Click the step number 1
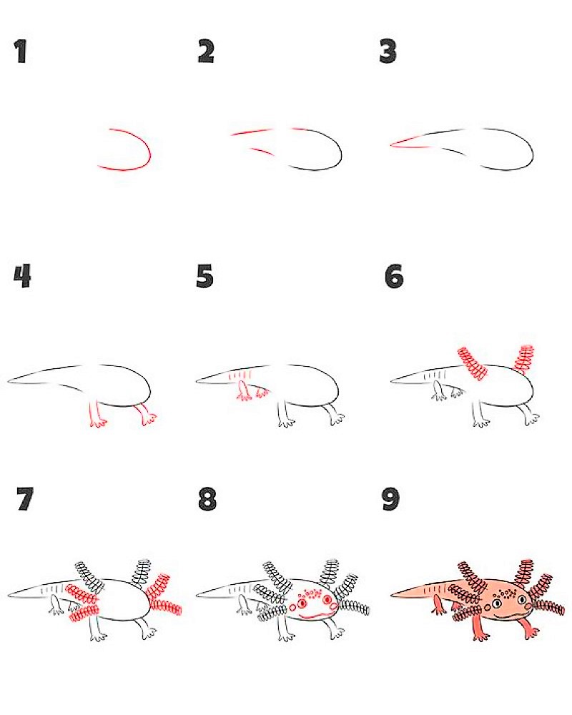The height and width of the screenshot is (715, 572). pyautogui.click(x=21, y=51)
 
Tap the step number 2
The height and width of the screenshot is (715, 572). pyautogui.click(x=206, y=51)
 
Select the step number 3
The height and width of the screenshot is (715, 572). pyautogui.click(x=388, y=51)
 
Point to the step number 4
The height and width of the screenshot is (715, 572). pyautogui.click(x=22, y=276)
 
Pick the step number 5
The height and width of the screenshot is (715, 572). pyautogui.click(x=204, y=276)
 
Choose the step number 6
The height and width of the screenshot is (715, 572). pyautogui.click(x=394, y=276)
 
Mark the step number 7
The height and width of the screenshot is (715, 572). pyautogui.click(x=24, y=499)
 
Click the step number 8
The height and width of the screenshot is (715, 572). pyautogui.click(x=207, y=499)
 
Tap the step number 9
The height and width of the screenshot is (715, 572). pyautogui.click(x=390, y=499)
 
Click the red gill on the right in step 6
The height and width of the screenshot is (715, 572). pyautogui.click(x=524, y=358)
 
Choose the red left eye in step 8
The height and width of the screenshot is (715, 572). pyautogui.click(x=302, y=603)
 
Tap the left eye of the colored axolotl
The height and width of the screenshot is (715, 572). pyautogui.click(x=496, y=603)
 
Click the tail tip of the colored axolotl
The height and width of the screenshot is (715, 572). pyautogui.click(x=393, y=595)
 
